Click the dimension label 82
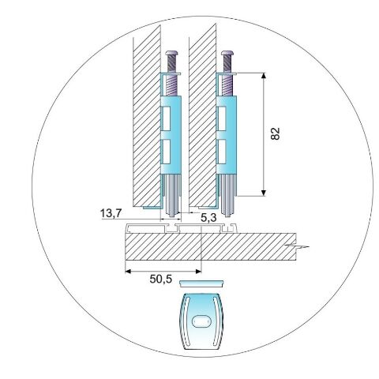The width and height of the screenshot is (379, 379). [x=276, y=133]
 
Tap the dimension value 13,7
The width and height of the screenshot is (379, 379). [x=111, y=213]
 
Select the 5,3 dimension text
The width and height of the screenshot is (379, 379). [x=208, y=217]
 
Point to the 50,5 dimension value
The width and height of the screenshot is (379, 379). [x=161, y=279]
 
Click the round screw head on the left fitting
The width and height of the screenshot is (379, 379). [x=172, y=53]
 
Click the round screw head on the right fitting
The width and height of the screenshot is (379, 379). [x=227, y=53]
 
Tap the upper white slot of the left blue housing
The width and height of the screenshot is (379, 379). [x=166, y=118]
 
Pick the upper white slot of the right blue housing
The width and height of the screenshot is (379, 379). [x=221, y=118]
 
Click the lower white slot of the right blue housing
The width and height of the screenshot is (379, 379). [x=221, y=152]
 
